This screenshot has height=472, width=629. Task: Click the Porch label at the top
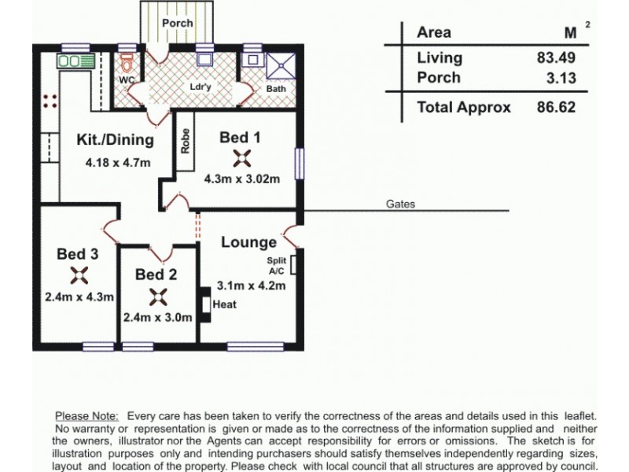[x=177, y=23]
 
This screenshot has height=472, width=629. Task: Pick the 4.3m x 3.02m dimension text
[x=241, y=179]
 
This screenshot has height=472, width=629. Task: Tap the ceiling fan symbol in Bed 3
[x=79, y=275]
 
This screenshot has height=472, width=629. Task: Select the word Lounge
[x=248, y=242]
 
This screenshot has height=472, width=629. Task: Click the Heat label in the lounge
[x=225, y=304]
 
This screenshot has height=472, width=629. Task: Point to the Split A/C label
[x=277, y=264]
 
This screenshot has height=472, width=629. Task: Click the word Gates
[x=400, y=204]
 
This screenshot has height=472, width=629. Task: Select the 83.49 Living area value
[x=555, y=57]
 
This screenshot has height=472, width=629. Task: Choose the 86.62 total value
[x=555, y=107]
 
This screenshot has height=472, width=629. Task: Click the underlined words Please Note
[x=86, y=415]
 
